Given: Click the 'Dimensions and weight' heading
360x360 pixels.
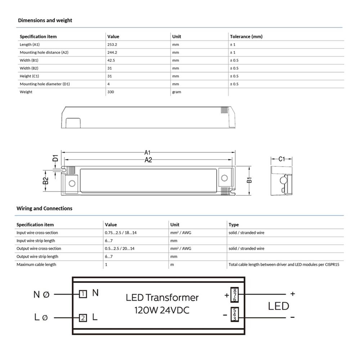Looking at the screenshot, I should [45, 21].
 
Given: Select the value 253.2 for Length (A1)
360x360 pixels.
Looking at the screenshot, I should [112, 45].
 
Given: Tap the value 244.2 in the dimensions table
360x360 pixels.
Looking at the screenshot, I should [112, 53].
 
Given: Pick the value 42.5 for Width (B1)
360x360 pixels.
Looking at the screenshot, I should [111, 60].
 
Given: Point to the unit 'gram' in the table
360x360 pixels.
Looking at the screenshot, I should [177, 92].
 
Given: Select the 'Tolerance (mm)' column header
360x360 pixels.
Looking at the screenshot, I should [246, 37].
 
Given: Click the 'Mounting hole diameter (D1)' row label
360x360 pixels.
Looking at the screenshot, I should [45, 84].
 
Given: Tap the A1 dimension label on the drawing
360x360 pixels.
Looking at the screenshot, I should [148, 153].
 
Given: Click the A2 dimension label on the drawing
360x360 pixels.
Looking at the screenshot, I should [148, 160].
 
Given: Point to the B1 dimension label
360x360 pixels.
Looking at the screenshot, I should [249, 179].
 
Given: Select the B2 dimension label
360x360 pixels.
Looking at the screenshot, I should [46, 180].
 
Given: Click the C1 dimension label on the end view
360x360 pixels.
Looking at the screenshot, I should [282, 159].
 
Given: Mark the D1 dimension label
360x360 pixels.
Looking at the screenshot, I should [55, 158].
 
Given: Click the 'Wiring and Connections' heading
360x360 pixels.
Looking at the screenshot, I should [44, 208].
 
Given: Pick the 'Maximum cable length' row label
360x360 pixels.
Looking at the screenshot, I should [36, 265].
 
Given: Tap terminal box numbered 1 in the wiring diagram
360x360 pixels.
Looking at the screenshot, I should [83, 294].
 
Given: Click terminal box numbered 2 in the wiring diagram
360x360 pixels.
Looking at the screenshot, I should [83, 318].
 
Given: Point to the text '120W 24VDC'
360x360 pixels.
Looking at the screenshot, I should [162, 310].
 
